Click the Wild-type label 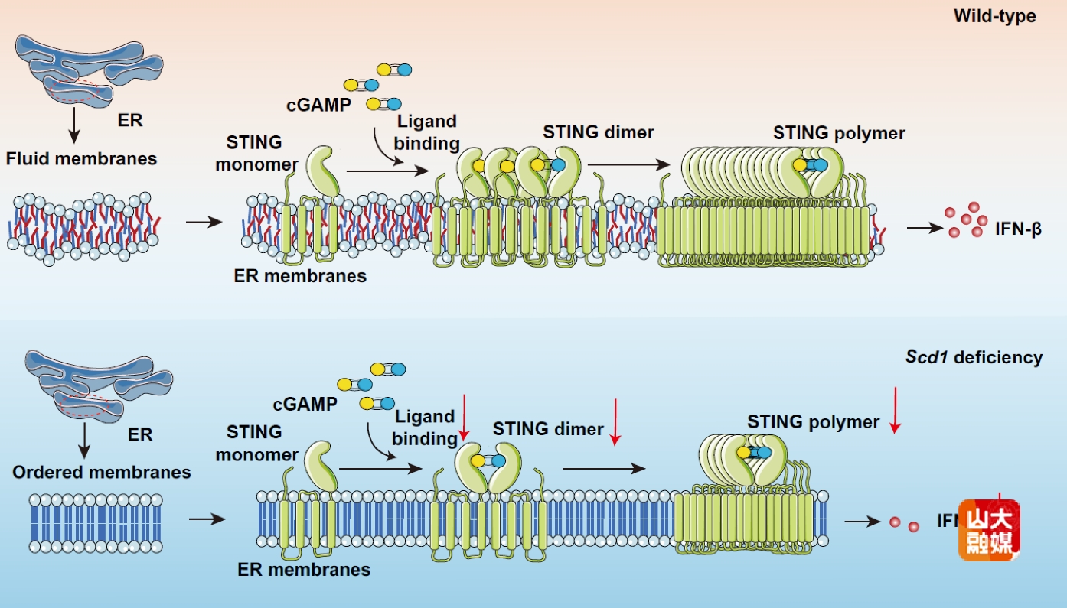[994, 16]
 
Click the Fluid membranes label [81, 159]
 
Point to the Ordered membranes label [102, 472]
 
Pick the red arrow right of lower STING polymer [893, 409]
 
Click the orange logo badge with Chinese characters [989, 530]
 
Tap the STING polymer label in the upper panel [839, 133]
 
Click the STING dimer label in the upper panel [599, 132]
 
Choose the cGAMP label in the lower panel [305, 404]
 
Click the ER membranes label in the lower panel [304, 570]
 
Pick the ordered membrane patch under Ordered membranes [96, 522]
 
